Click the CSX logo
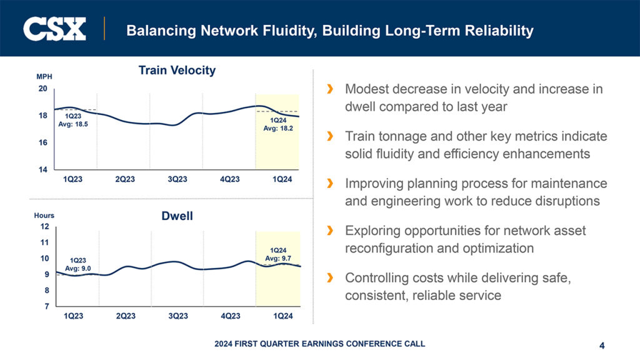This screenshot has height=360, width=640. click(54, 29)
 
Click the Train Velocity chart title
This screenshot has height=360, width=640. click(177, 71)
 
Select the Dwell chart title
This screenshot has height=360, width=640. click(177, 216)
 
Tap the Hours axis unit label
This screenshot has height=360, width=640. click(44, 216)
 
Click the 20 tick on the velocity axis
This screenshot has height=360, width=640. click(42, 89)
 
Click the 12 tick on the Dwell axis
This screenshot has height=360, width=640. click(44, 226)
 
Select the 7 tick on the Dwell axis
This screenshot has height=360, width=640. click(46, 306)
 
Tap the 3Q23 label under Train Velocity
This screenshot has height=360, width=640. click(177, 180)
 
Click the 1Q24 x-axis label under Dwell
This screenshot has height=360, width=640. click(283, 316)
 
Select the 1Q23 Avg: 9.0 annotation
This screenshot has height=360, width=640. click(78, 264)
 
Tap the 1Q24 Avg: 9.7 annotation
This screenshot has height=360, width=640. click(278, 254)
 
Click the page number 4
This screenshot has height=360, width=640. click(601, 345)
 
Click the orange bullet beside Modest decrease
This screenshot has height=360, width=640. click(329, 89)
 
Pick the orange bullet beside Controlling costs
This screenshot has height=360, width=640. click(329, 278)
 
